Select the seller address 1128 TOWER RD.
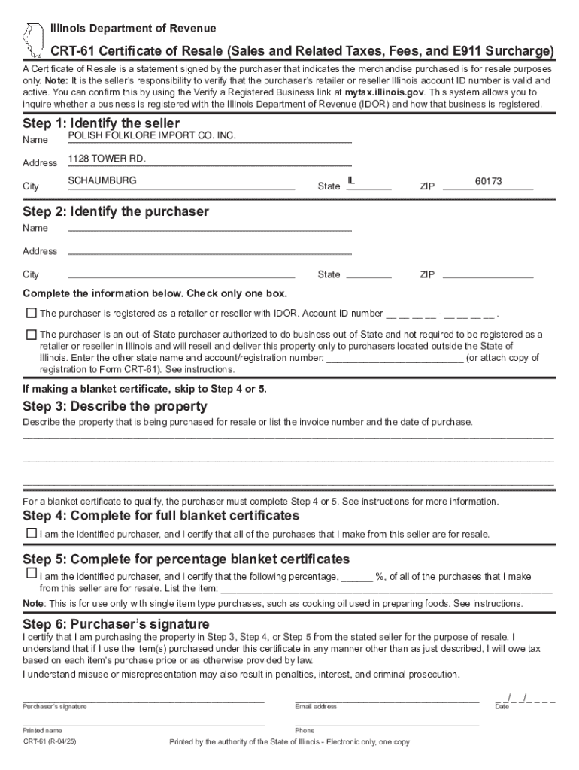[x=107, y=159]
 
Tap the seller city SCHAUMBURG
[x=102, y=181]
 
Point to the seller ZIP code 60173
[x=488, y=181]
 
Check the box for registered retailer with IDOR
[x=31, y=312]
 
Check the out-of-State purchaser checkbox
[x=31, y=334]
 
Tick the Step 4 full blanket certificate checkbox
[x=31, y=533]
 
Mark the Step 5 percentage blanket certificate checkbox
[x=31, y=573]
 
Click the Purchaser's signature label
[x=55, y=707]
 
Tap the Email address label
[x=316, y=707]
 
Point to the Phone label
[x=305, y=730]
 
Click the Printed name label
[x=43, y=730]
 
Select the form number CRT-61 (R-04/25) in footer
[x=50, y=741]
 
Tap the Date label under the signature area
[x=502, y=707]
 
